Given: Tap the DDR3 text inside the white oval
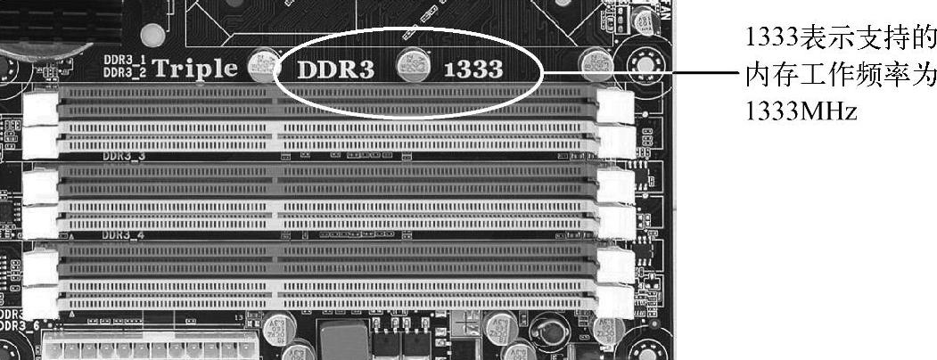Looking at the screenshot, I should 334,70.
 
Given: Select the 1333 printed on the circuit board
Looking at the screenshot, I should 473,70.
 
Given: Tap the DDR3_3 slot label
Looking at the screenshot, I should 123,156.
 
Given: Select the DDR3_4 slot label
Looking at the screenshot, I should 123,236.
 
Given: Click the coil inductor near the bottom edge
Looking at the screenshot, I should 547,337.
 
